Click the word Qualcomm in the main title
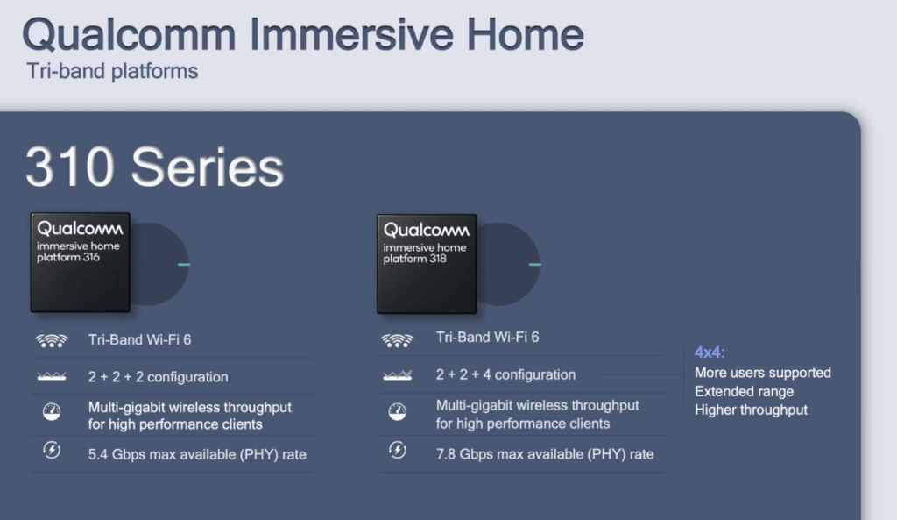point(129,35)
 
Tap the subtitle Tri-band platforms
point(112,72)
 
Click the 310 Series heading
point(154,167)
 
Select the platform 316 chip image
point(80,262)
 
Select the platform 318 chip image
point(427,264)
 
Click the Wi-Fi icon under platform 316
point(52,341)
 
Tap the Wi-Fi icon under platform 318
point(397,341)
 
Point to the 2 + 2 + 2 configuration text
point(158,377)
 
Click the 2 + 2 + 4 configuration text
point(505,374)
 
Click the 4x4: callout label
point(710,353)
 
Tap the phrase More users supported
point(763,373)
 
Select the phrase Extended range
point(745,392)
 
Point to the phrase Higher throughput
point(751,410)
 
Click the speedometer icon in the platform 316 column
point(52,412)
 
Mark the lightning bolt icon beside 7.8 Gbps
point(398,450)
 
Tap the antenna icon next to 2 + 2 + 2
point(52,376)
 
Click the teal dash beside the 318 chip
point(535,265)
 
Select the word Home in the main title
point(526,35)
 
